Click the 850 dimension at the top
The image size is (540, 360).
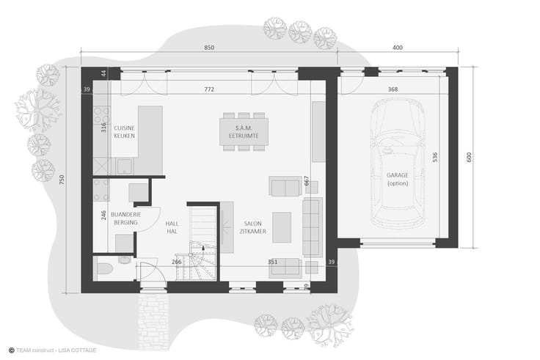[209, 48]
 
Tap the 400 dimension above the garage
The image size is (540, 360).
[398, 48]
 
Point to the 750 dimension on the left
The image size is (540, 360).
[62, 180]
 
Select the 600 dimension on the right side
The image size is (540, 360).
[469, 158]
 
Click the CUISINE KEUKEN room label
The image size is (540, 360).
[124, 132]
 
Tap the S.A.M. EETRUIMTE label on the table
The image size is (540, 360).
[244, 132]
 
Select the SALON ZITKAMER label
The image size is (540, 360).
[253, 227]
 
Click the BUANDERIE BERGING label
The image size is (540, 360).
[125, 218]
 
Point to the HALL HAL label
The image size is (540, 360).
[172, 227]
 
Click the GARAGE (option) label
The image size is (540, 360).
[398, 179]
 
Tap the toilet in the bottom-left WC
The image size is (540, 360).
[104, 268]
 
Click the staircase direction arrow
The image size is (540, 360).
[203, 249]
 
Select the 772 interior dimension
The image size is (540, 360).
[209, 89]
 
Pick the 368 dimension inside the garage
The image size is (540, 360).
[393, 89]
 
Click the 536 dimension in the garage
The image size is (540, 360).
[435, 158]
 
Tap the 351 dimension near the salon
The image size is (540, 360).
[272, 262]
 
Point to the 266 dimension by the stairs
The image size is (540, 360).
[176, 262]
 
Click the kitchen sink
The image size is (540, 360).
[124, 167]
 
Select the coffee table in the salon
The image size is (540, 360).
[282, 227]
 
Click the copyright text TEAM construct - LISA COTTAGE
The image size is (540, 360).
[52, 350]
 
